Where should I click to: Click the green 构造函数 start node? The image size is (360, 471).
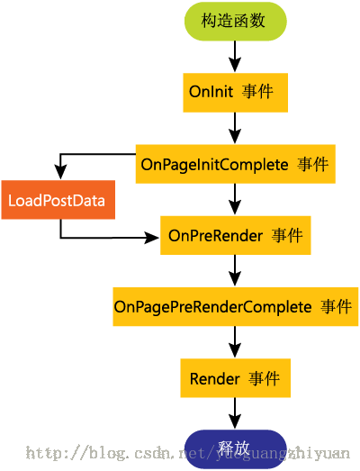pos(236,22)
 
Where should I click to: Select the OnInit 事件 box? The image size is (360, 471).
pos(236,93)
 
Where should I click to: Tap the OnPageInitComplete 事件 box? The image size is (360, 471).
pos(236,164)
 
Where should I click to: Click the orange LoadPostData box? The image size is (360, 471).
pos(58,200)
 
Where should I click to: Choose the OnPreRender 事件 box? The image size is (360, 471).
pos(236,235)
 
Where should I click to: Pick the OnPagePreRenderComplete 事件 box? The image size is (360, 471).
pos(236,306)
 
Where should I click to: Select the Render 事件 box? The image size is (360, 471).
pos(236,378)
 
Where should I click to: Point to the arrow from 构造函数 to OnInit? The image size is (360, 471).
pos(235,57)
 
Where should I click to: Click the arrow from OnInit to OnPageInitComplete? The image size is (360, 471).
pos(235,128)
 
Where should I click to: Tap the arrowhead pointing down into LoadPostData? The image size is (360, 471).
pos(60,172)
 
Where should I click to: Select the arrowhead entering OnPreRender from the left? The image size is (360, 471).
pos(152,238)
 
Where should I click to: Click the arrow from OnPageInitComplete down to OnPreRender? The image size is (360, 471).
pos(235,199)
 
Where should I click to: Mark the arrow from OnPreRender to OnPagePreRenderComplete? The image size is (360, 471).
pos(235,270)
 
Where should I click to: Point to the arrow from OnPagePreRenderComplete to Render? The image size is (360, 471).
pos(235,342)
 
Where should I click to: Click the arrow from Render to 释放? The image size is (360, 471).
pos(235,413)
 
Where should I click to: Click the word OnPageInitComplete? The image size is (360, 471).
pos(215,165)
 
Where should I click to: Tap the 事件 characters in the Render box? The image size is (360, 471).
pos(265,378)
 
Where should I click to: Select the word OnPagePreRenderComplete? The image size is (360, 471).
pos(213,307)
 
